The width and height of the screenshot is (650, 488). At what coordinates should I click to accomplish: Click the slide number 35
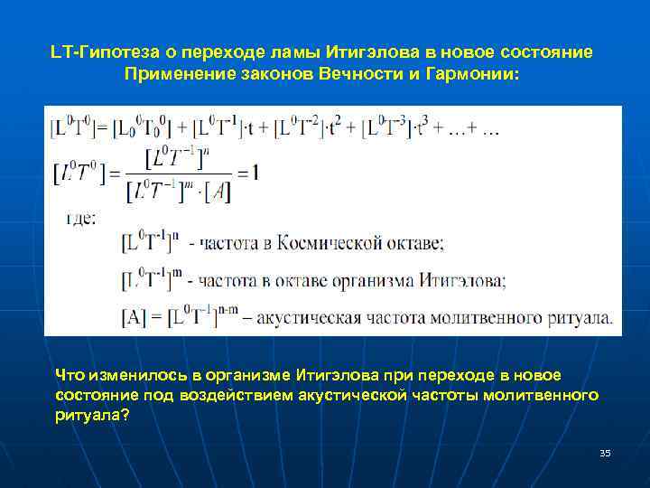click(x=605, y=453)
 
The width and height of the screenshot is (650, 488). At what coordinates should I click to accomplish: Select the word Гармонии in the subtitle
click(x=471, y=73)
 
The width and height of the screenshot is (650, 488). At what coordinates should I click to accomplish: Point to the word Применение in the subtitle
click(x=172, y=73)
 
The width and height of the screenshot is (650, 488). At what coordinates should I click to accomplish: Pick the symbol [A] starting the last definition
click(x=134, y=319)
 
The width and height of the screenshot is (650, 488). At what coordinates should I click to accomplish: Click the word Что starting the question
click(x=69, y=375)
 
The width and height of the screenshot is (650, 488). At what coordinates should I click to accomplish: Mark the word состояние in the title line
click(x=550, y=52)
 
